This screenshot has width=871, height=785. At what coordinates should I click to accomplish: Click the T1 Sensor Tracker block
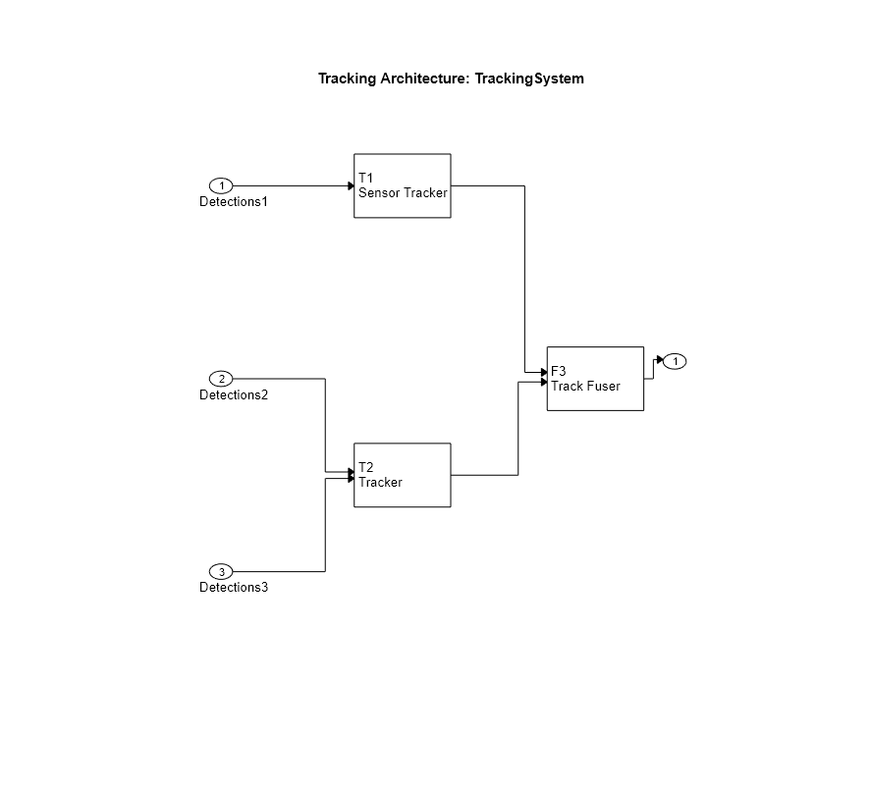coord(402,185)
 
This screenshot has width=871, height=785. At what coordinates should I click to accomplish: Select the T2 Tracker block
coord(402,475)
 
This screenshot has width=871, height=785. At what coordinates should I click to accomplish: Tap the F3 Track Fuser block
coord(595,378)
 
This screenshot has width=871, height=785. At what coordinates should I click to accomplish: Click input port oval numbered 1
coord(221,185)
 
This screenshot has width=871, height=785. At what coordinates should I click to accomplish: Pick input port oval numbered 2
coord(221,379)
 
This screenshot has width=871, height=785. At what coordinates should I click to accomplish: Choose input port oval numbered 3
coord(221,572)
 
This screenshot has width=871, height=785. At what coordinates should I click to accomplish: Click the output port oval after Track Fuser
coord(675,361)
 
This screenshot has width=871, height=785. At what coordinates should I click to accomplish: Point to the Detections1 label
coord(234,202)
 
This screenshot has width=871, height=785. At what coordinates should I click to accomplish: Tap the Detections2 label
coord(234,395)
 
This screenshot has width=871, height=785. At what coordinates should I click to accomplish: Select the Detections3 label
coord(234,588)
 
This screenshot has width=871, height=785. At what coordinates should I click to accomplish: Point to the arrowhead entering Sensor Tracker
coord(351,185)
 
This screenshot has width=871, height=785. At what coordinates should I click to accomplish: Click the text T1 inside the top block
coord(366,178)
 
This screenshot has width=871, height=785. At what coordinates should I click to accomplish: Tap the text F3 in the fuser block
coord(559,371)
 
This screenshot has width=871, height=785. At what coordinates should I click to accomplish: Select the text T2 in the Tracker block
coord(366,467)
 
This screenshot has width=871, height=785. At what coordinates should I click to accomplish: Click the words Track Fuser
coord(585,386)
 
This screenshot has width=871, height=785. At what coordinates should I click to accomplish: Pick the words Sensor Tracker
coord(403,192)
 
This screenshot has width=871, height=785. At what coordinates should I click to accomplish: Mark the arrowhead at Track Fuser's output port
coord(660,361)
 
